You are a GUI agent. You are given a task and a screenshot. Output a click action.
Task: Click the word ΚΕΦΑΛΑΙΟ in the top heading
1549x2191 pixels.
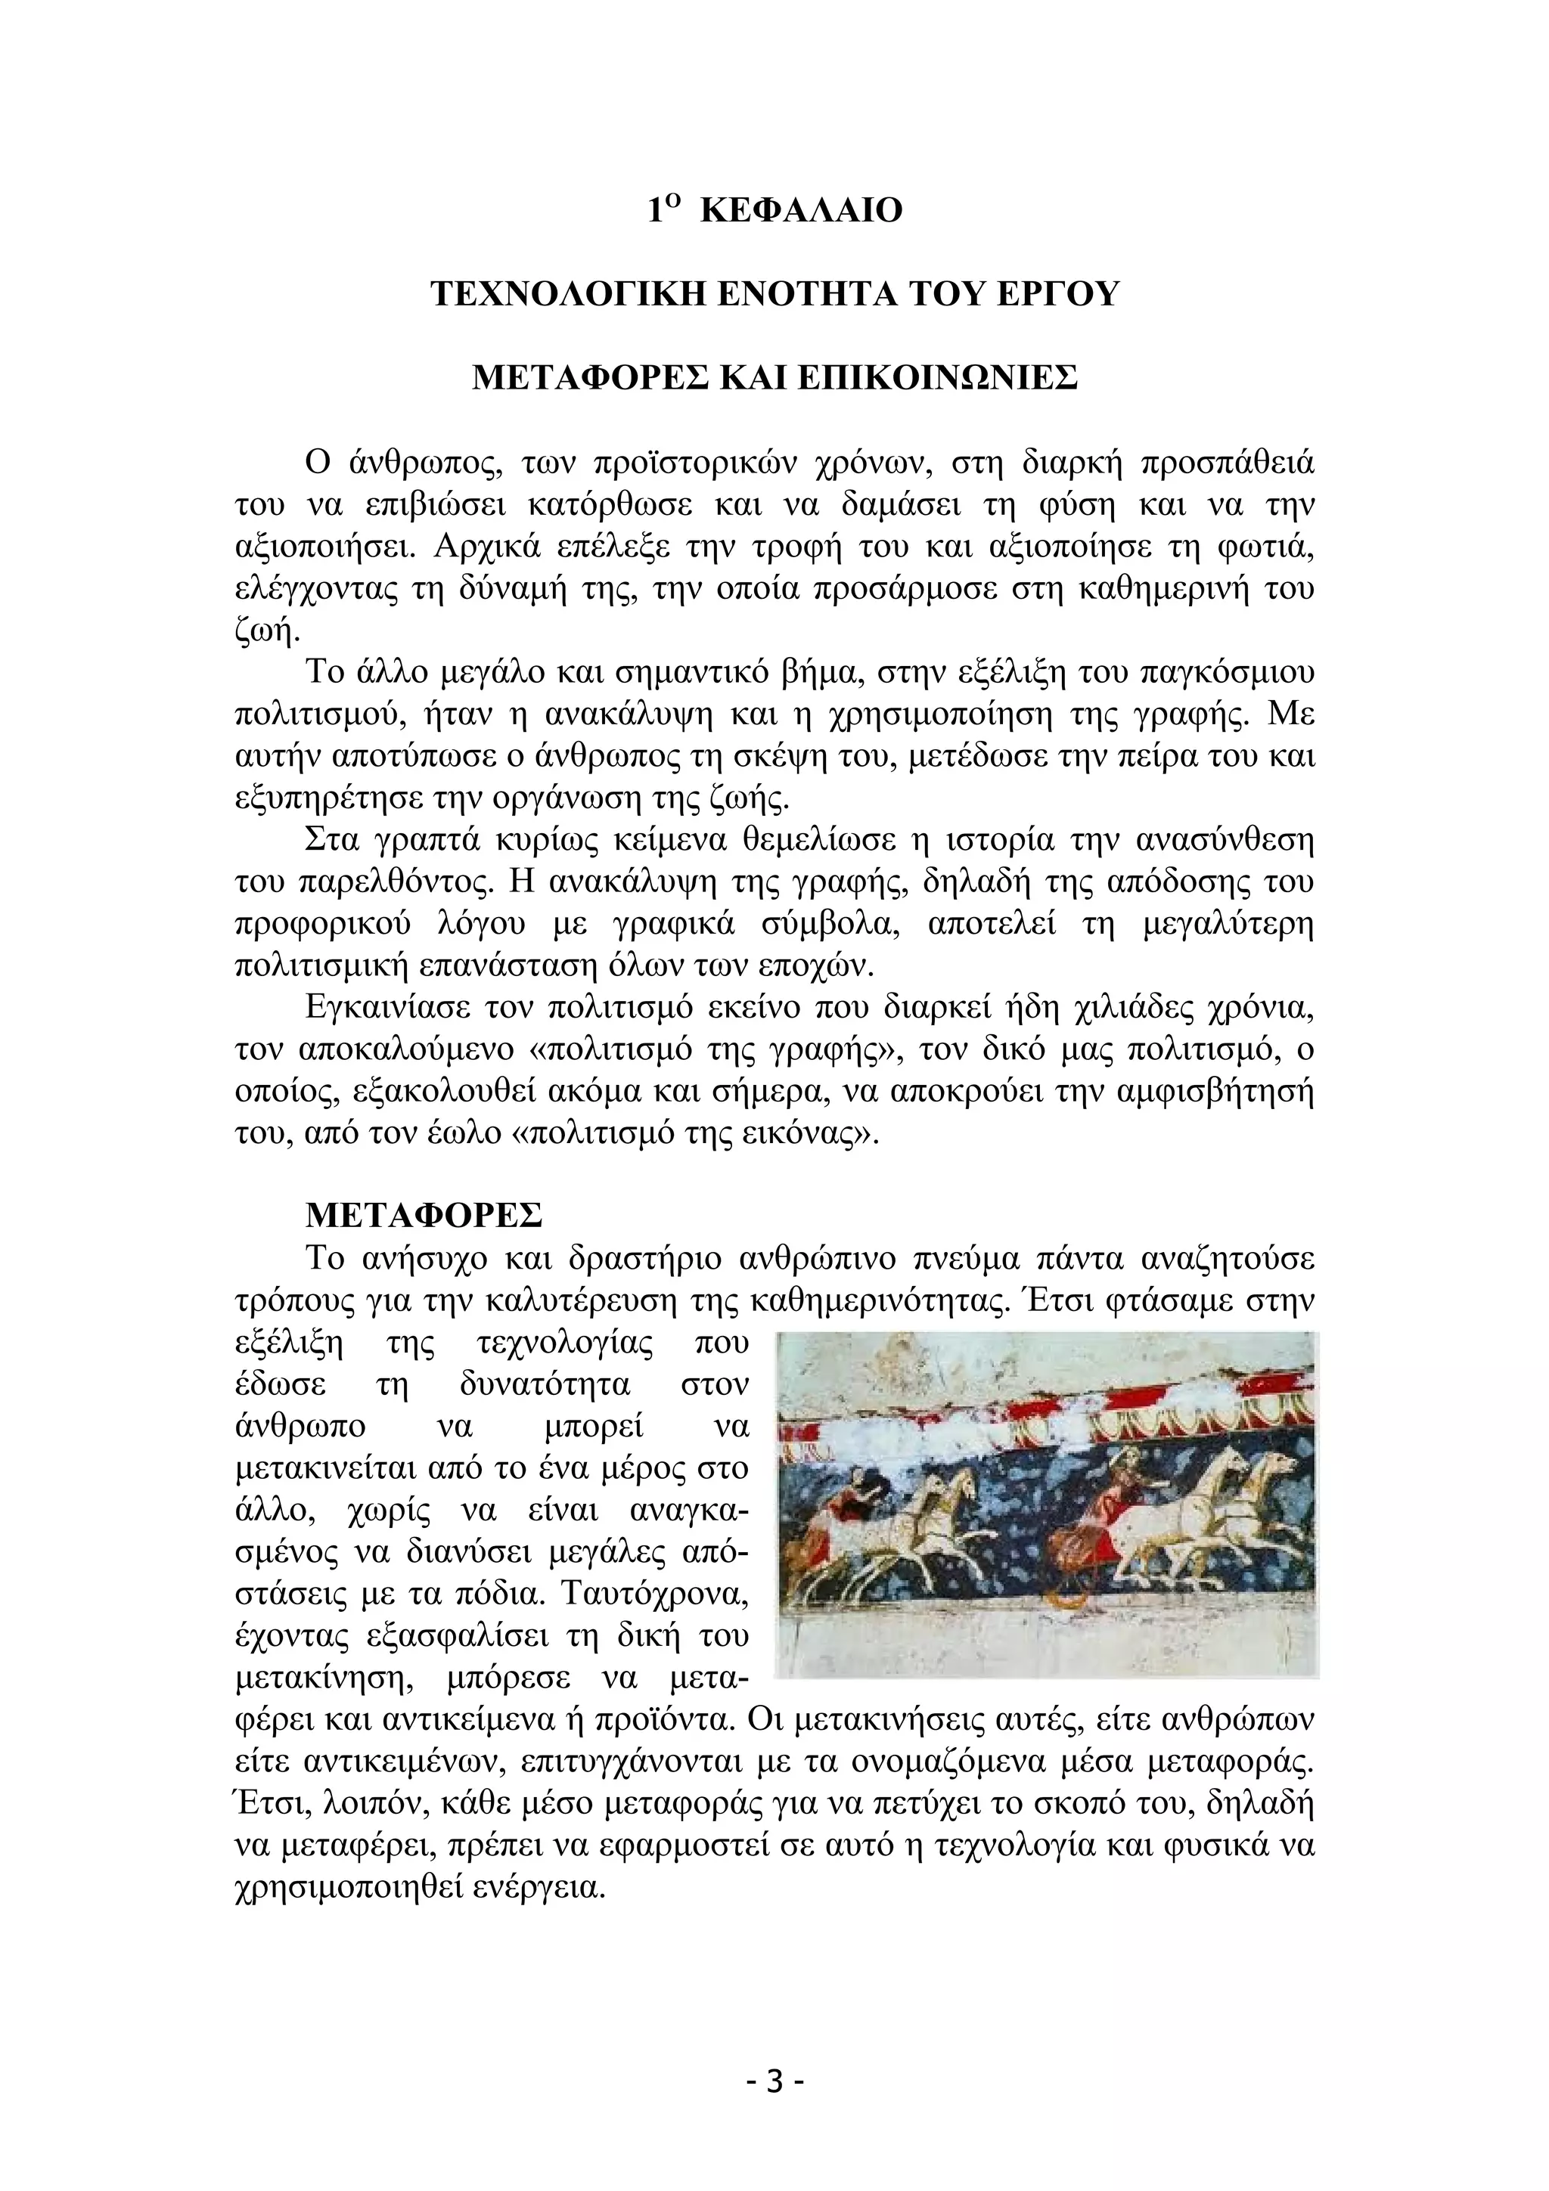(x=801, y=211)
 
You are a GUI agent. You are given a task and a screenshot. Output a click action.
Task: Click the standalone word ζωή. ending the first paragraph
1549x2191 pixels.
(x=267, y=631)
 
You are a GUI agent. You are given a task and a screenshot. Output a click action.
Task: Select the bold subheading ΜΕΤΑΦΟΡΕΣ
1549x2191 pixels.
(x=424, y=1216)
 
